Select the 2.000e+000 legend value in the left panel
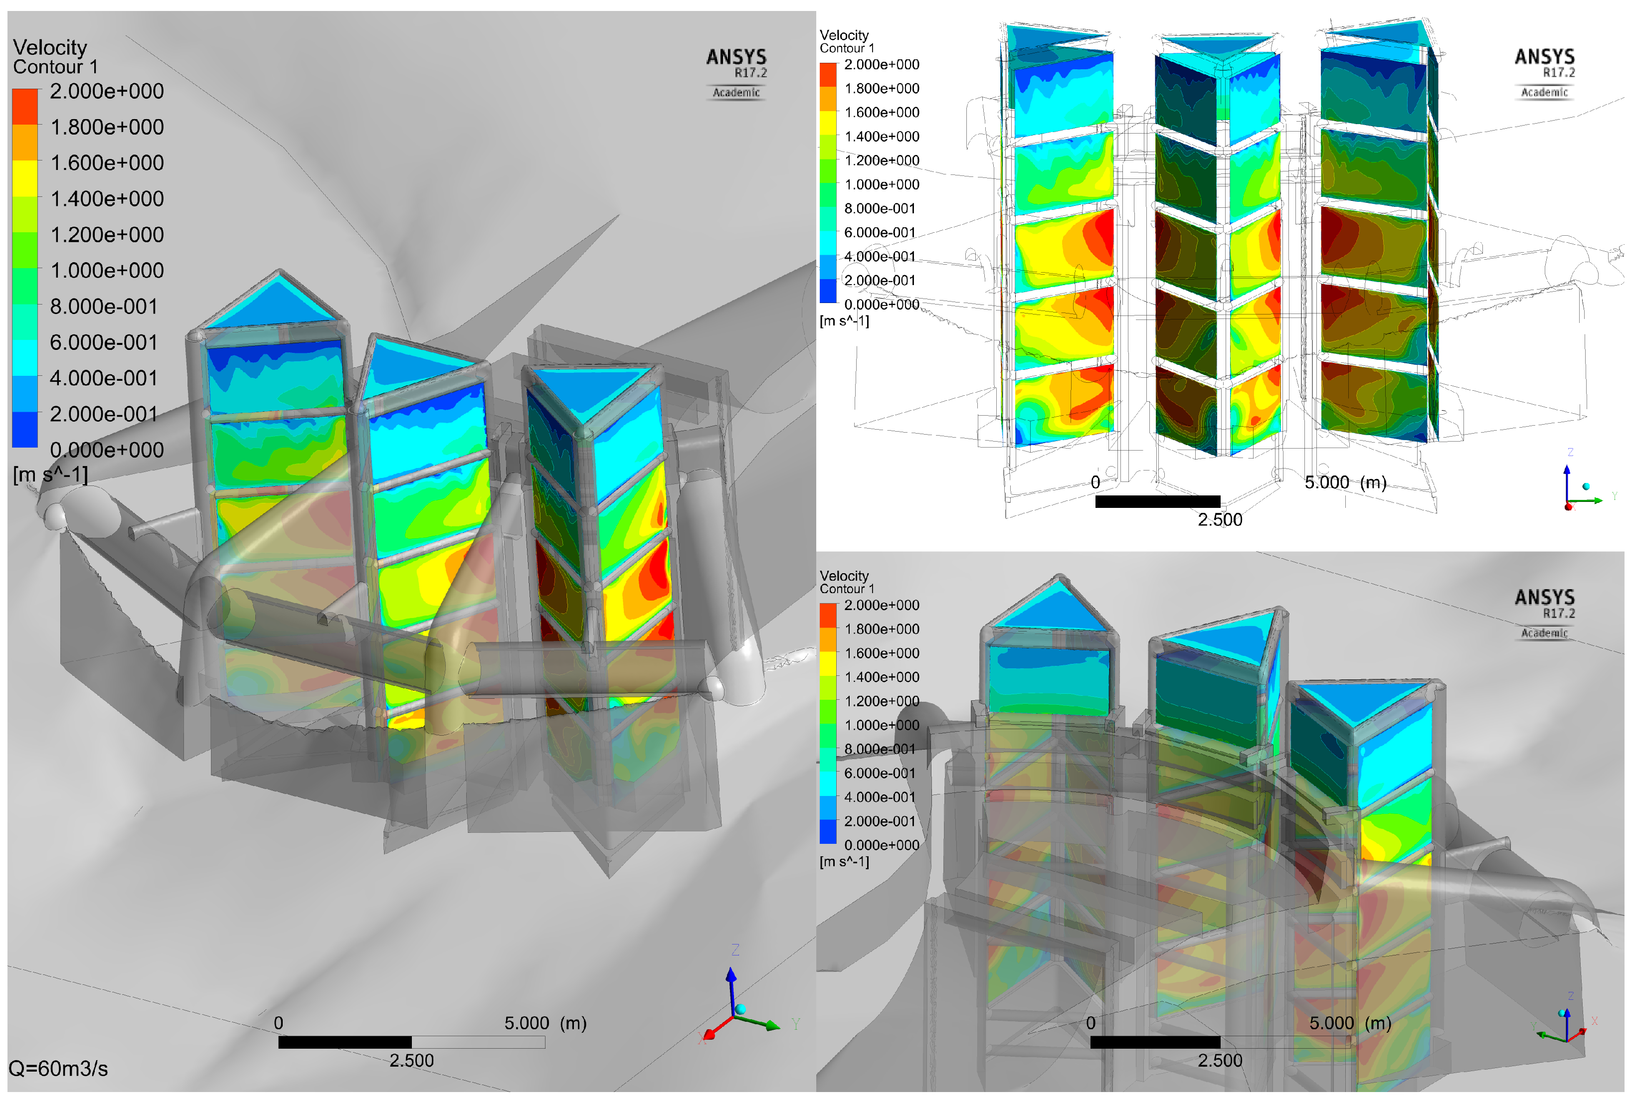107,91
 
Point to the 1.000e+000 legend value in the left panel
107,271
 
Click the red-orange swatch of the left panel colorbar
24,106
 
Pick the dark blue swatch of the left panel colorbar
24,429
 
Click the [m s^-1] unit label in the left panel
51,475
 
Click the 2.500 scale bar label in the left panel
411,1061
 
